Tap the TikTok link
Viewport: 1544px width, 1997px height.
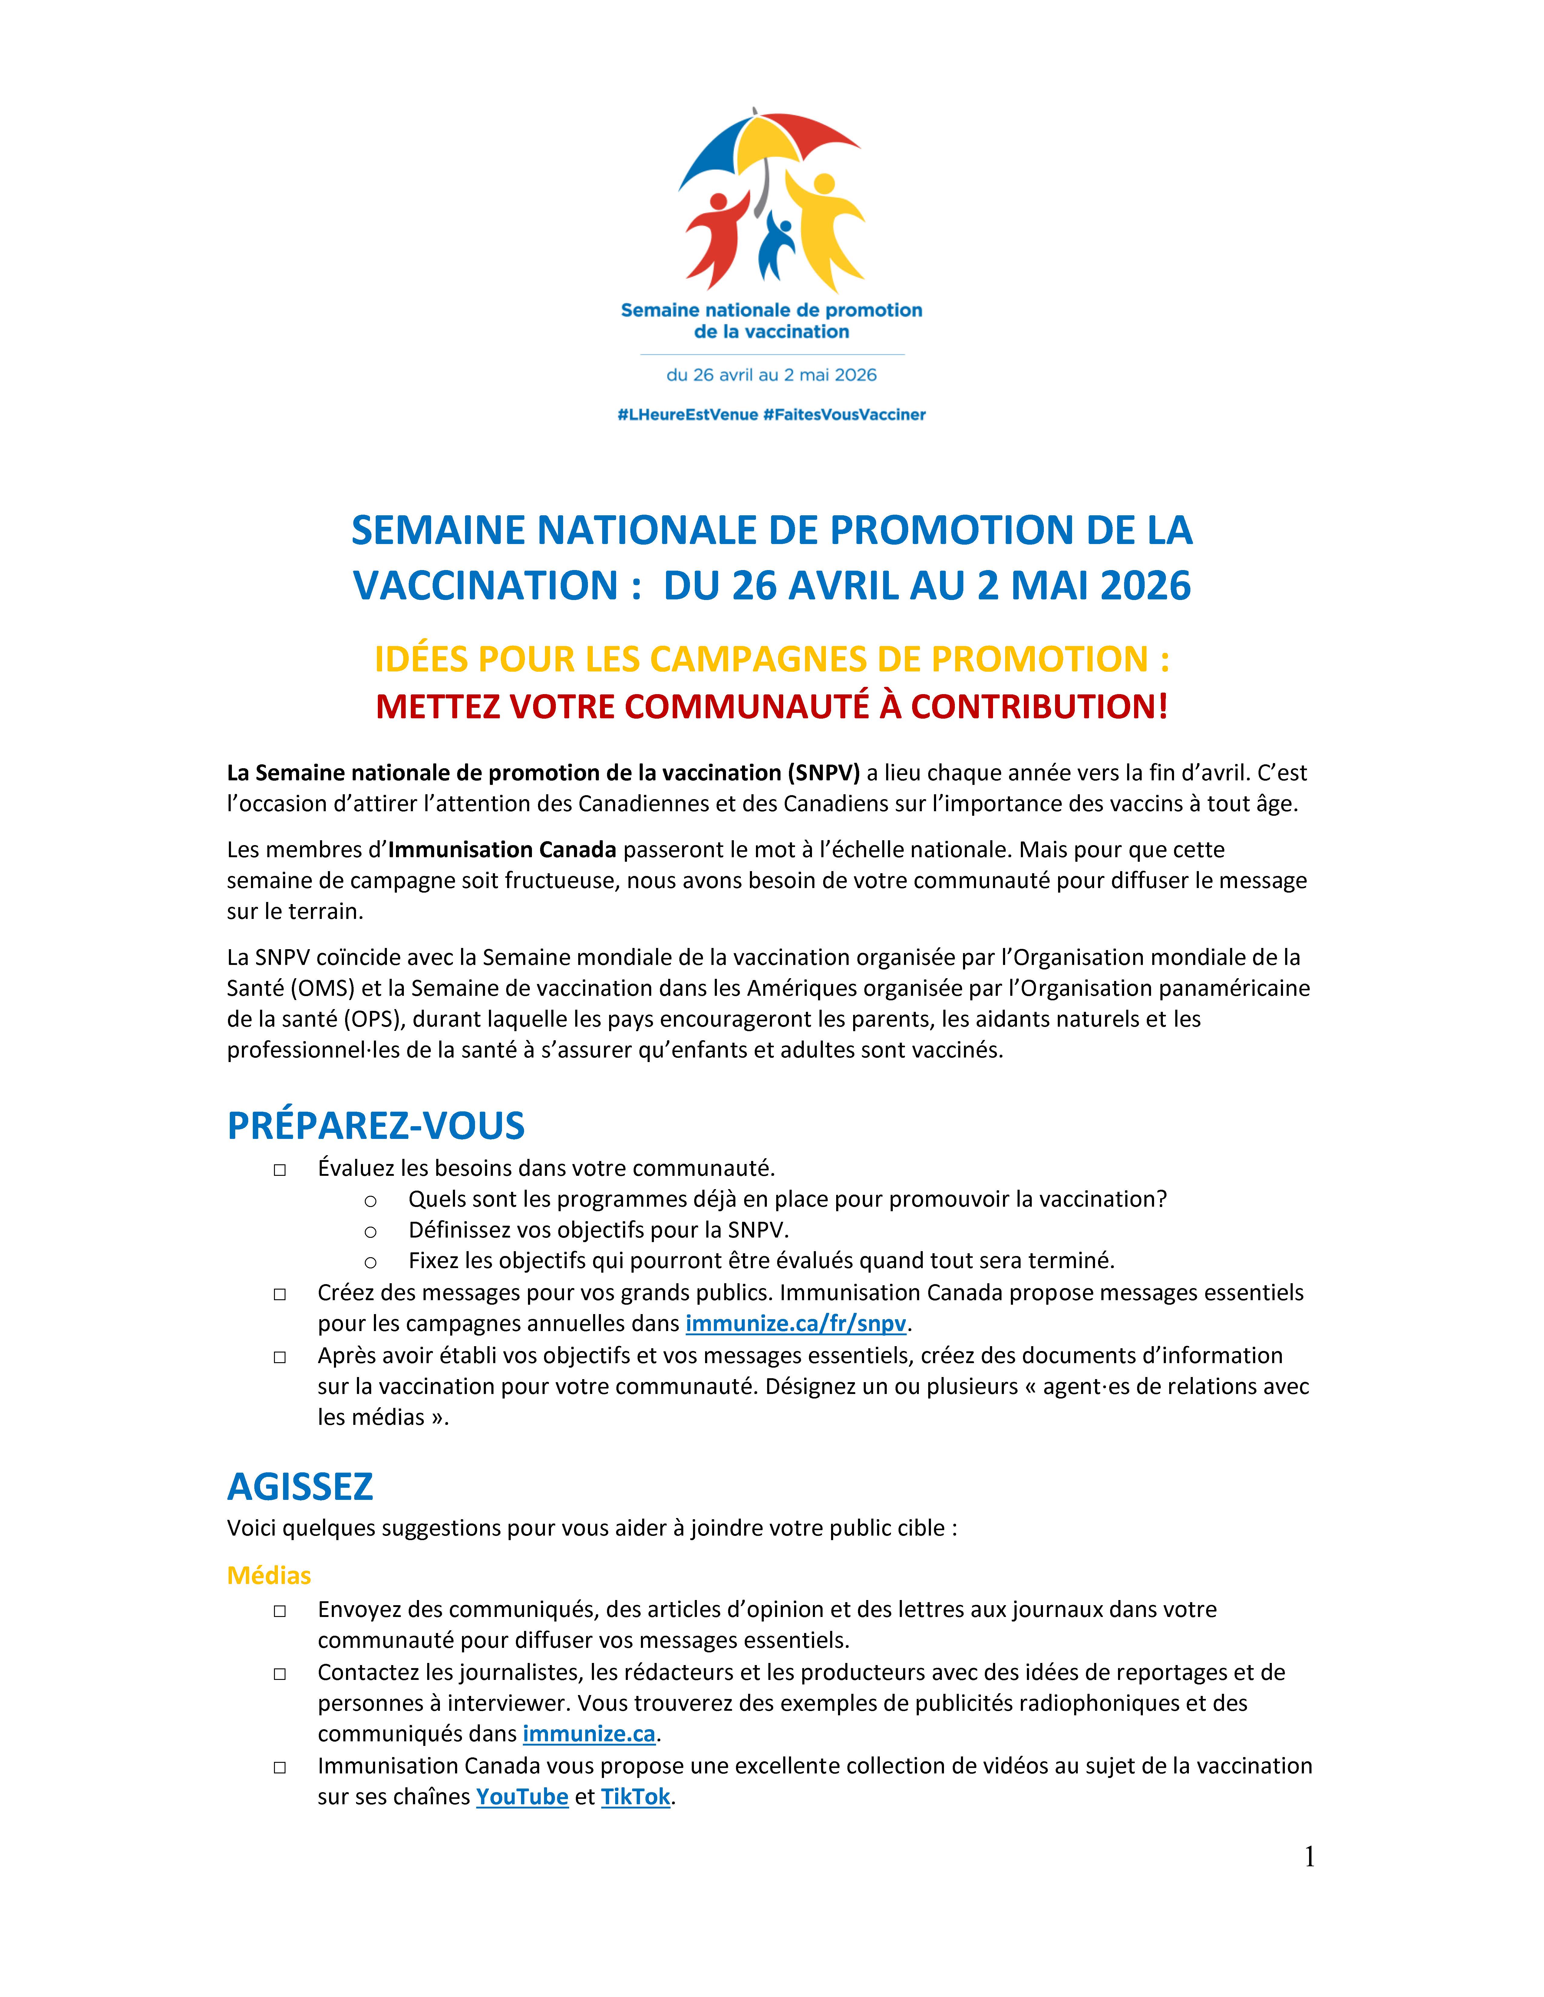[636, 1797]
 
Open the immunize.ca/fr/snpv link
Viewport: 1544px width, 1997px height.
[796, 1323]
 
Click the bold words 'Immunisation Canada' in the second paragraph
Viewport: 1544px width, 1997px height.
[502, 849]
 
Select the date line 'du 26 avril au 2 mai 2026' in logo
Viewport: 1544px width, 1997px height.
[771, 375]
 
